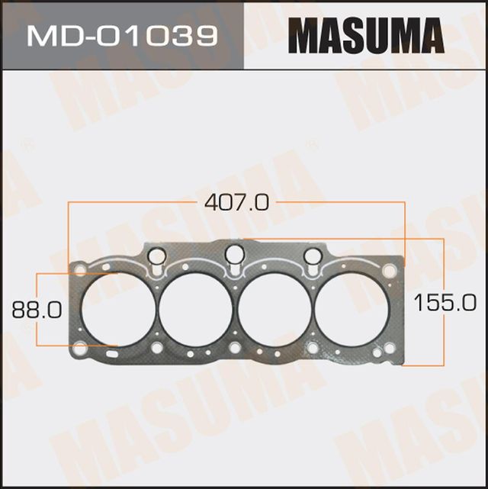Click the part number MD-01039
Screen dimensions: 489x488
(x=121, y=35)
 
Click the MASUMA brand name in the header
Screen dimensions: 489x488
(x=366, y=36)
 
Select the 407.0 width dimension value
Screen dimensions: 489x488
(x=236, y=203)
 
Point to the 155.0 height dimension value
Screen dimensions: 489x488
(x=444, y=303)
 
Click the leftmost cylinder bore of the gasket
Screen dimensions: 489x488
(x=116, y=308)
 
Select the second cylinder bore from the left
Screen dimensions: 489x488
(x=195, y=308)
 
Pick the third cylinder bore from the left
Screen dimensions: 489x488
(x=274, y=308)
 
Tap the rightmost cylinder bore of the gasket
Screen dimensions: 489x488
(x=353, y=308)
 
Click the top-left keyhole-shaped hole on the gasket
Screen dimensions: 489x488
(x=156, y=257)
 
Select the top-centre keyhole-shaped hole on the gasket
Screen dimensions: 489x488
(x=235, y=254)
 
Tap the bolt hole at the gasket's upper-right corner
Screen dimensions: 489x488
(x=390, y=270)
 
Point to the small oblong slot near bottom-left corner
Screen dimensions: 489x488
(x=111, y=352)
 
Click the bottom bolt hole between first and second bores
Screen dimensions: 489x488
(x=156, y=348)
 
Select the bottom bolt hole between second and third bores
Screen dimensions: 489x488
(x=235, y=348)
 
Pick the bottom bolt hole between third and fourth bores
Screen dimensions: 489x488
(x=313, y=348)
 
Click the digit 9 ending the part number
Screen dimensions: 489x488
(x=206, y=35)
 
